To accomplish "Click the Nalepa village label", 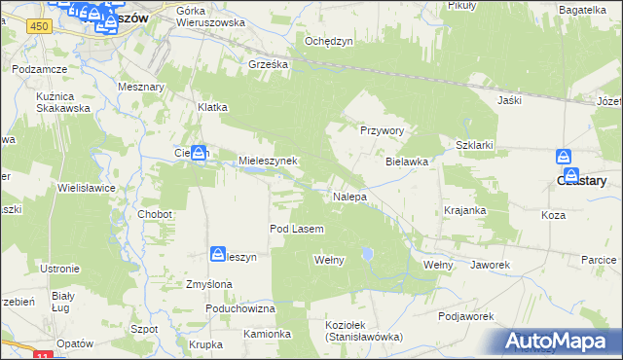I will tap(349, 197).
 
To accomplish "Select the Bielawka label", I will tap(407, 162).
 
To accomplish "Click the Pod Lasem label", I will tap(296, 229).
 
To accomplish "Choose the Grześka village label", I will tap(268, 66).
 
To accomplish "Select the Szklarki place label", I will tap(475, 144).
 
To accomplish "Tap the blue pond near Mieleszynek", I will tap(254, 171).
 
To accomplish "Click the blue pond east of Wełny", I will tap(367, 254).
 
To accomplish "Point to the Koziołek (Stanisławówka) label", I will tap(363, 330).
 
